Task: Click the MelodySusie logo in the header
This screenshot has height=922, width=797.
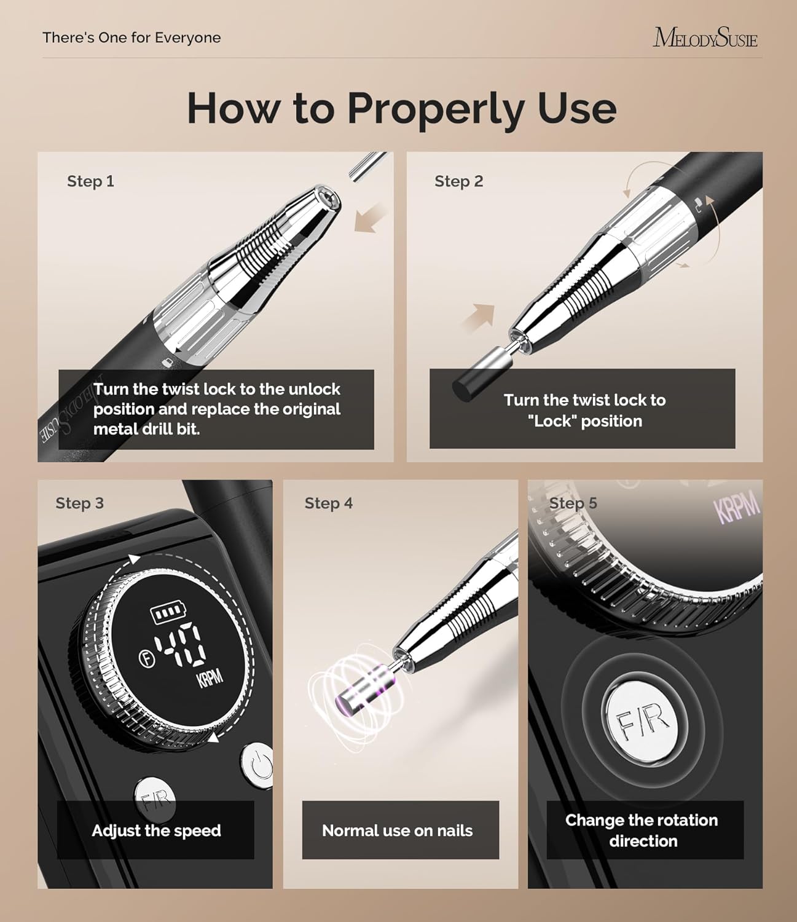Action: click(705, 37)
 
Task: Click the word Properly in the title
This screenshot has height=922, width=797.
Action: click(436, 108)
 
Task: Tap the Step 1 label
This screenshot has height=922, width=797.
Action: click(90, 181)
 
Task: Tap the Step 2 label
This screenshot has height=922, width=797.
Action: click(458, 181)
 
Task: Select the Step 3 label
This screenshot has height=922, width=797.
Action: click(79, 503)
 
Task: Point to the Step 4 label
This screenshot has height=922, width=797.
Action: click(328, 503)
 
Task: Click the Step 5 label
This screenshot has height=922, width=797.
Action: click(573, 503)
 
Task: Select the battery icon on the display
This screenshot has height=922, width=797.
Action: click(166, 613)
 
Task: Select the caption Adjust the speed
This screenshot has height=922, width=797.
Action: click(156, 831)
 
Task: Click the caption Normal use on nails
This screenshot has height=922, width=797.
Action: click(398, 831)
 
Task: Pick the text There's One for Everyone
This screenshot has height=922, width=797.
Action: click(132, 37)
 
